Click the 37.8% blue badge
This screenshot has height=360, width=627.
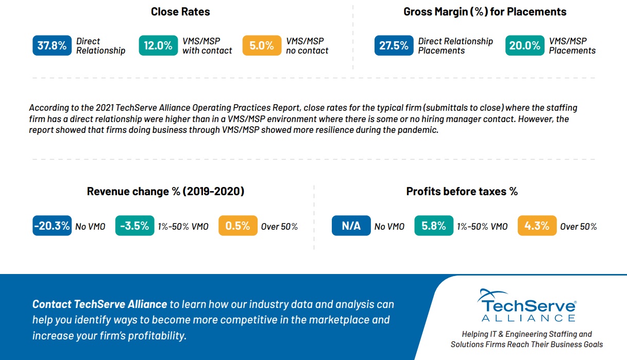pos(52,45)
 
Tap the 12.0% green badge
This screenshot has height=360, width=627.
pos(158,45)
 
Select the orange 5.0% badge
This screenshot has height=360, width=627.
pos(262,45)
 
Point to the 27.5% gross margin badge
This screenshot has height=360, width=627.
pos(394,45)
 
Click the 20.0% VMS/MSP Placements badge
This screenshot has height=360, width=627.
pos(525,45)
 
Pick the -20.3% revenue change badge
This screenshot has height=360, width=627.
pos(52,226)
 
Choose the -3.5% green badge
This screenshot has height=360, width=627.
pos(134,226)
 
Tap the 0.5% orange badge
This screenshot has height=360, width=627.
pos(238,226)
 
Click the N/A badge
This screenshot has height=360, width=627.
pos(351,226)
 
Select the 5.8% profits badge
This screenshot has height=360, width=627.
pos(434,226)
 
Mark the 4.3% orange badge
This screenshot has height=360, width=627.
pos(537,226)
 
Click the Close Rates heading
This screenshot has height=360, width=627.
pos(180,12)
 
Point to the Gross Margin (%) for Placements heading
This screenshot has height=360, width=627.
pos(485,12)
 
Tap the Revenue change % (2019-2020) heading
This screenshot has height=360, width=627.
pos(165,191)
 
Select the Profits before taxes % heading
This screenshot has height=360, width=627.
pos(462,191)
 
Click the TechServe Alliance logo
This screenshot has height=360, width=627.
pos(527,305)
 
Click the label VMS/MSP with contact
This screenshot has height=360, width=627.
pos(207,46)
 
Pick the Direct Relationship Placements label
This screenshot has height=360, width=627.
pos(455,46)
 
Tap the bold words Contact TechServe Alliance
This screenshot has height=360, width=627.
pos(99,304)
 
